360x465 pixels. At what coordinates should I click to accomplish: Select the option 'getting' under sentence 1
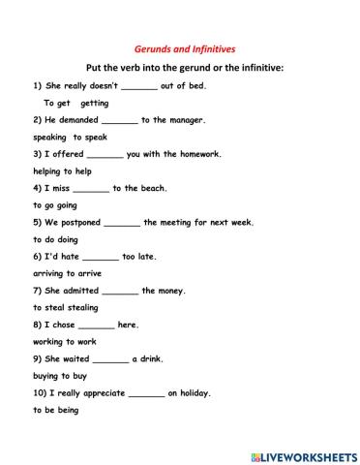pyautogui.click(x=95, y=103)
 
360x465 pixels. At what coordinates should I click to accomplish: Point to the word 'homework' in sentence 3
pyautogui.click(x=196, y=154)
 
